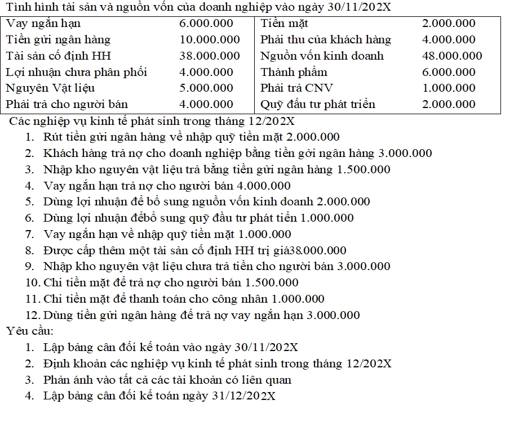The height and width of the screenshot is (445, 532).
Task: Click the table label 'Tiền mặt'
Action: point(284,24)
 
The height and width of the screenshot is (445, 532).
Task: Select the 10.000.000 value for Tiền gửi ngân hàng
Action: point(210,40)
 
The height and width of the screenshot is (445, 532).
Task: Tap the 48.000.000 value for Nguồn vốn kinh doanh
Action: point(452,56)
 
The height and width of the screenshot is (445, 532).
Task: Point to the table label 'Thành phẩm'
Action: point(294,72)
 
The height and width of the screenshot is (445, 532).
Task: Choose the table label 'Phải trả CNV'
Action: point(296,88)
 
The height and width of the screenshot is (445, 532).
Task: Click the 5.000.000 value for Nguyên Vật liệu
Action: point(206,88)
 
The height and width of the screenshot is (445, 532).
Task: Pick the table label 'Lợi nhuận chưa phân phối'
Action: point(76,72)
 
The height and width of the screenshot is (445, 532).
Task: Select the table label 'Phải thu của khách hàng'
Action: point(325,40)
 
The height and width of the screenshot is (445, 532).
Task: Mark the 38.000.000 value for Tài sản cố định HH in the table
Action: point(210,56)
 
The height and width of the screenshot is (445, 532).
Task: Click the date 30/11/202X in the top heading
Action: point(360,8)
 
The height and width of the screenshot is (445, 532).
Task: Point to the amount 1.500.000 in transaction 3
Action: point(363,170)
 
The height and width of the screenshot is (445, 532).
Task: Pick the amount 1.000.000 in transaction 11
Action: point(298,299)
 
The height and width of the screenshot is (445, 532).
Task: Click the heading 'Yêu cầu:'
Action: point(30,331)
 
